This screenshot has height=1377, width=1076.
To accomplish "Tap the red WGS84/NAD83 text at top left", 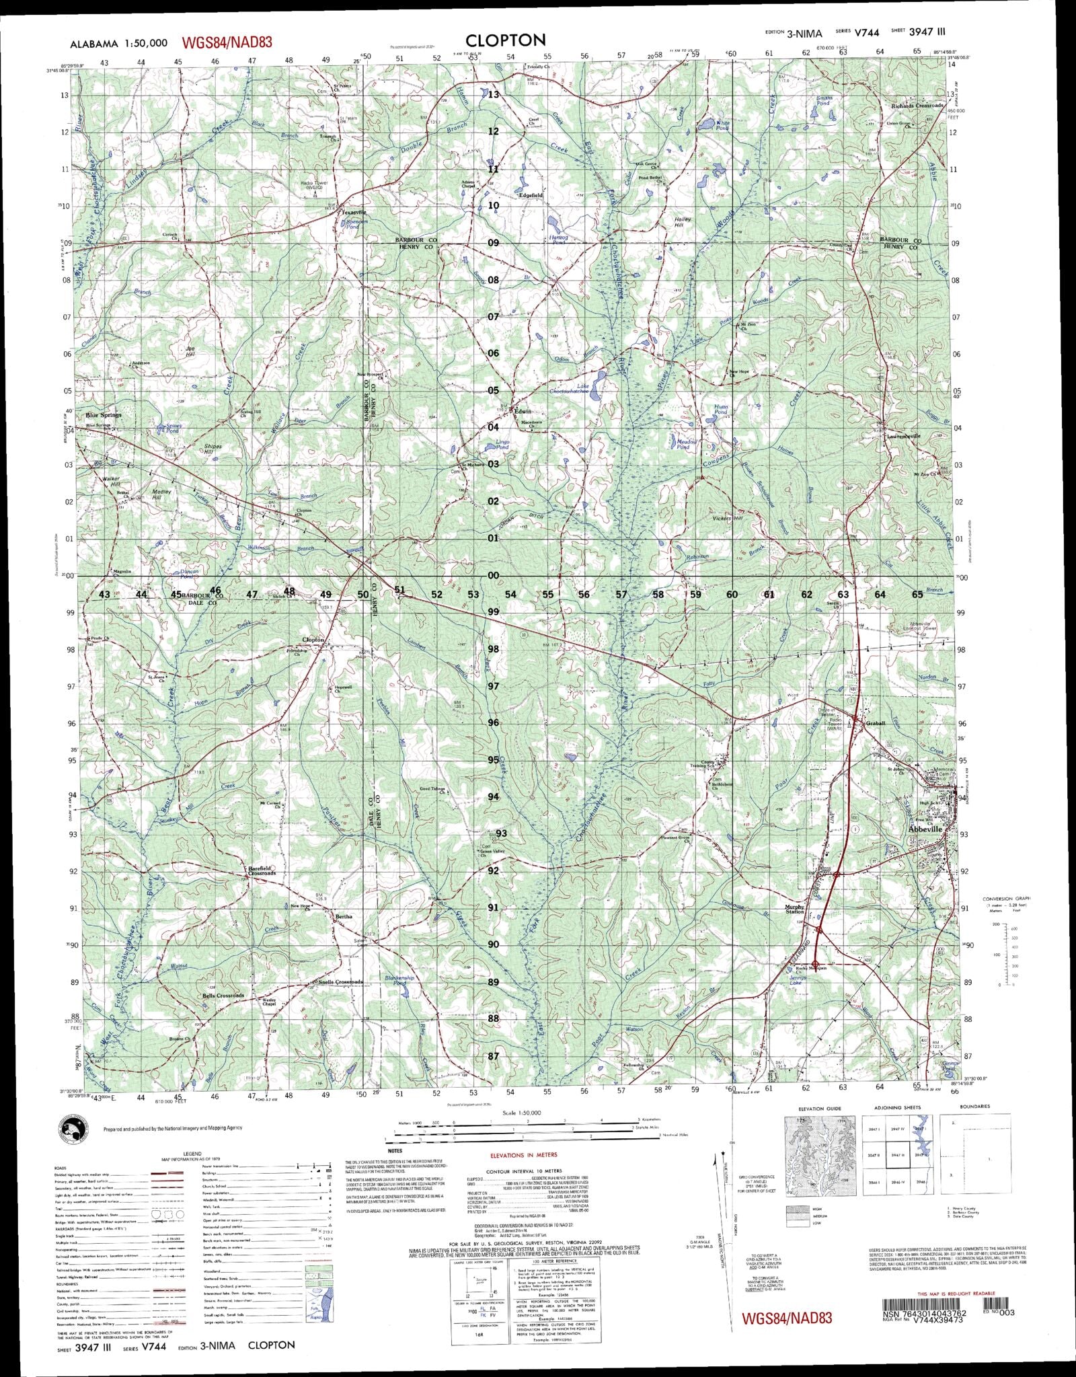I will click(227, 42).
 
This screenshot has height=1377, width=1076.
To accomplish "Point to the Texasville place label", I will click(352, 212).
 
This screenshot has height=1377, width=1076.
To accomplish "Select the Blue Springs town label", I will click(104, 415).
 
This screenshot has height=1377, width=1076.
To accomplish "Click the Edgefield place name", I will click(531, 195).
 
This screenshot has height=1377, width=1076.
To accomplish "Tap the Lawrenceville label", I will click(902, 436).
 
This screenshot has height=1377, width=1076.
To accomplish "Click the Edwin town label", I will click(523, 411).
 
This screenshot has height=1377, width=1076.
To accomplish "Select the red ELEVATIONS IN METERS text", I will click(524, 1155).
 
